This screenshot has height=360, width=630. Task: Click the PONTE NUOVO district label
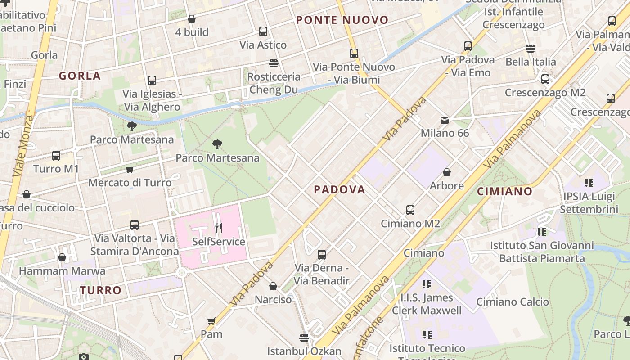342,20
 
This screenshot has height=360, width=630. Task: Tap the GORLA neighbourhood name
80,76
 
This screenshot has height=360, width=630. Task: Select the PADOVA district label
339,190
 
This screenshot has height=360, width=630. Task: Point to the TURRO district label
101,290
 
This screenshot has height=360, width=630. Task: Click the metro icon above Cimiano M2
410,210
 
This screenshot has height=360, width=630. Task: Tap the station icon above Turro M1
56,156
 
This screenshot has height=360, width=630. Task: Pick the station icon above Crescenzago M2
545,79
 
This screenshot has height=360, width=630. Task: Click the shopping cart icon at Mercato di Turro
130,170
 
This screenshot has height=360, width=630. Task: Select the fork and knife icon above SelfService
219,228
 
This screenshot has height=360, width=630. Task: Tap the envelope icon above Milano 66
445,120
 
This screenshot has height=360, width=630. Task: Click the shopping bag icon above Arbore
447,172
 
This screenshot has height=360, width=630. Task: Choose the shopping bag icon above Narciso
273,286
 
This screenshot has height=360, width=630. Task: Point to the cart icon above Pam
211,321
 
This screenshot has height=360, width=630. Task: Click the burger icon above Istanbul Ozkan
304,337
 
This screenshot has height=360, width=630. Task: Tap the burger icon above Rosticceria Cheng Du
274,63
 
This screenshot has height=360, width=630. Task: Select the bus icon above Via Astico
263,31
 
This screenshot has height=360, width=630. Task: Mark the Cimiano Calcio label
513,302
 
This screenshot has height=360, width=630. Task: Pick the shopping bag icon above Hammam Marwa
62,257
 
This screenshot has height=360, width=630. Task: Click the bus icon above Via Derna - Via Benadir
322,255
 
